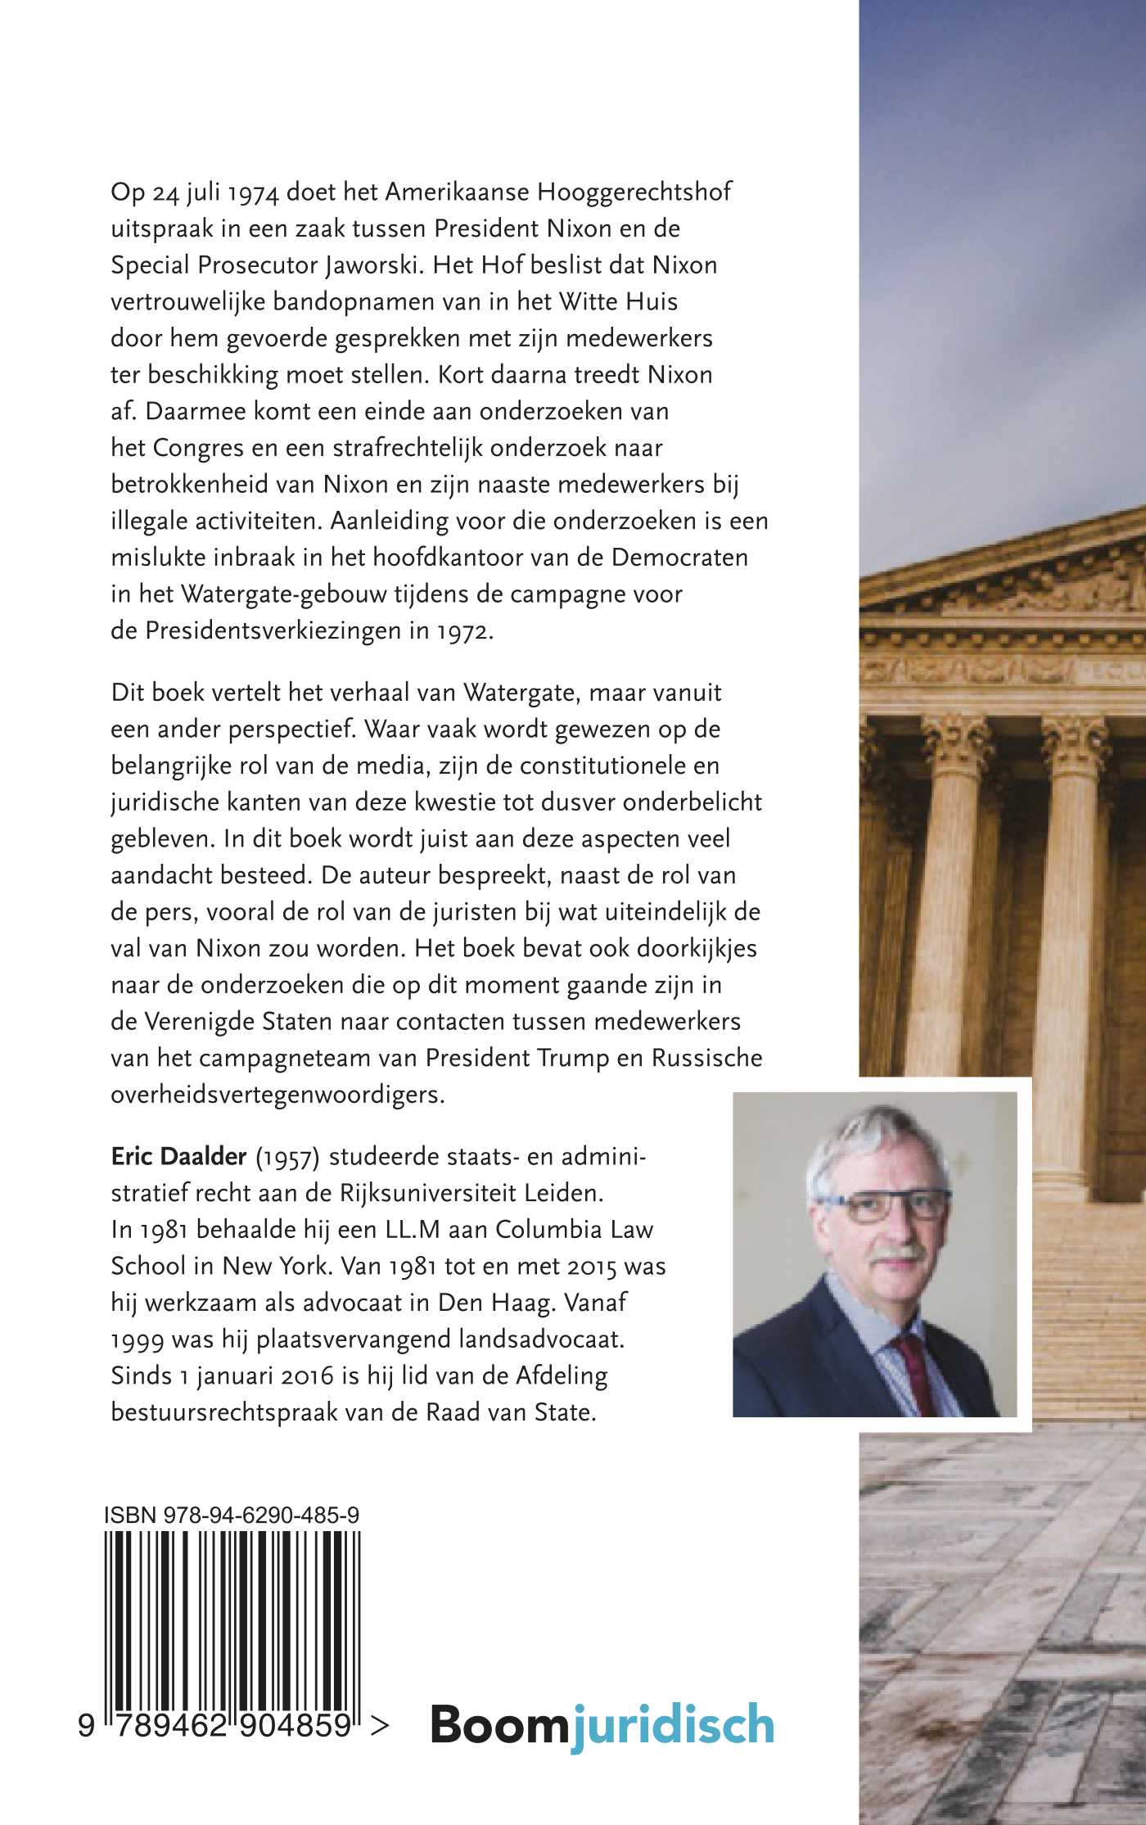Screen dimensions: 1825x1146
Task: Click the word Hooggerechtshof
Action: click(x=634, y=192)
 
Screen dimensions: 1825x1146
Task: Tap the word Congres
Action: click(x=198, y=448)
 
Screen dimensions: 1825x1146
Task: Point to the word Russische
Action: click(x=706, y=1058)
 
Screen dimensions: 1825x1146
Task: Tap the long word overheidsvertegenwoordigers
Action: click(x=277, y=1095)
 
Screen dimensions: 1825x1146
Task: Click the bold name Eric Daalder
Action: click(x=178, y=1156)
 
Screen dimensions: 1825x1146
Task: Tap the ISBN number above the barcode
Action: click(x=232, y=1516)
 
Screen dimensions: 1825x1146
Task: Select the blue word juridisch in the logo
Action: click(x=672, y=1726)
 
